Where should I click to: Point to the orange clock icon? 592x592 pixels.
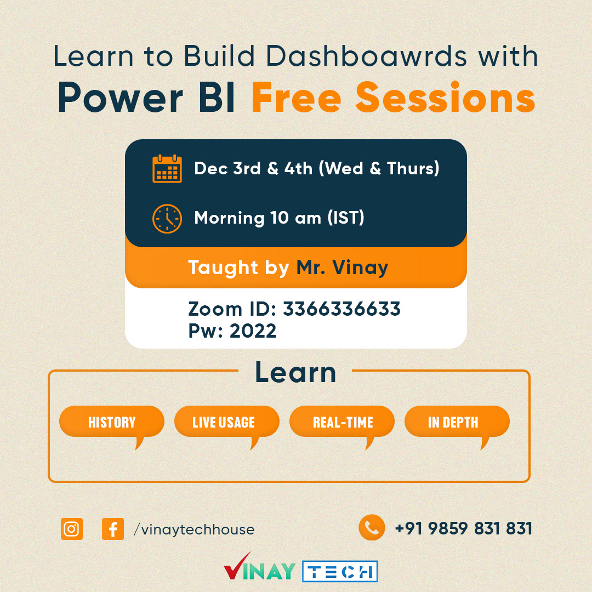pos(167,218)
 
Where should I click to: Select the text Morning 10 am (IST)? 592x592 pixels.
pos(279,218)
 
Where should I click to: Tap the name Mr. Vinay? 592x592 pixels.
pos(342,267)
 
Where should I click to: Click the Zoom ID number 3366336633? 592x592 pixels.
pos(341,309)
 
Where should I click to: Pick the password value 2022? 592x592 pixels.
pos(253,331)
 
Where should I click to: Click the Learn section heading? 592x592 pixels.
pos(295,373)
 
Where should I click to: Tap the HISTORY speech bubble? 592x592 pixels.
pos(112,422)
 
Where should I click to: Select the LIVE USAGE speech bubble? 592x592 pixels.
pos(224,422)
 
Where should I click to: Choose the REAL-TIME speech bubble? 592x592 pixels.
pos(343,422)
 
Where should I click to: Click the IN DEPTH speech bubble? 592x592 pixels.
pos(453,422)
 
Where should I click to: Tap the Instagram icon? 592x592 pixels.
pos(72,529)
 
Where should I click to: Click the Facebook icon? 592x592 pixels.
pos(113,529)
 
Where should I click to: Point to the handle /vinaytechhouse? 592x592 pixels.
pos(194,530)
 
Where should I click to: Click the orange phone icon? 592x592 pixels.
pos(372,527)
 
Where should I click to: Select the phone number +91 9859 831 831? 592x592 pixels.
pos(463,528)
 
